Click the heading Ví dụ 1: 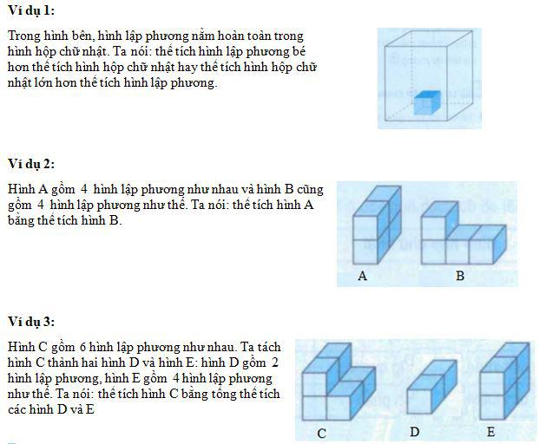point(31,10)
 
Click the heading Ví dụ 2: point(31,164)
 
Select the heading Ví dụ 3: point(31,322)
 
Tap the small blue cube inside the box point(427,102)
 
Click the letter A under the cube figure point(362,276)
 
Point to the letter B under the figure point(460,276)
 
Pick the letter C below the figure point(322,434)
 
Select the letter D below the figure point(415,432)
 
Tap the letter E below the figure point(491,432)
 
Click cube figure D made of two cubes point(431,387)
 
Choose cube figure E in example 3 point(504,382)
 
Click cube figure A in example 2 point(377,225)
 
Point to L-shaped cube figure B point(463,232)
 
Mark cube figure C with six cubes point(339,382)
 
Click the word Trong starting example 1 point(22,36)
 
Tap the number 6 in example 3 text point(82,347)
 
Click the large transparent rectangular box point(429,76)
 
